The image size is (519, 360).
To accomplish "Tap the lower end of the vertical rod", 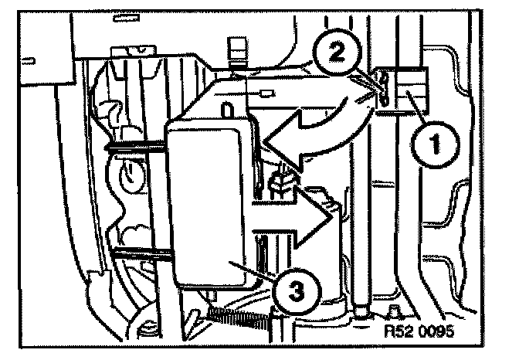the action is click(361, 312).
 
